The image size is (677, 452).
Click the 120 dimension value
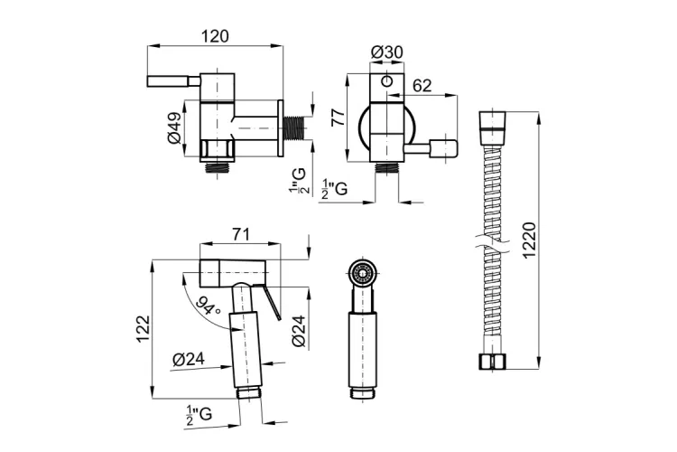click(214, 35)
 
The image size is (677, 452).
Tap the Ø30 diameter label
click(386, 53)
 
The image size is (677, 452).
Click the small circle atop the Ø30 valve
click(386, 82)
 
